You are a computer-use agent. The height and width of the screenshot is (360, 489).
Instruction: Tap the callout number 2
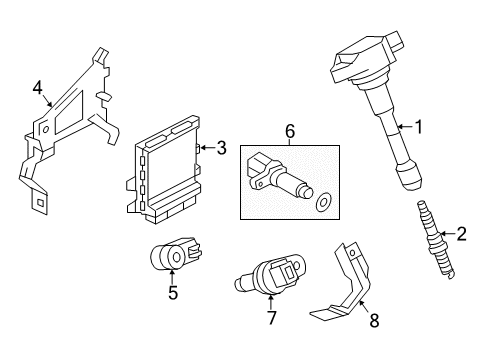coord(462,235)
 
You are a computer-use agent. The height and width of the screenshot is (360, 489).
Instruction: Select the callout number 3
coord(221,148)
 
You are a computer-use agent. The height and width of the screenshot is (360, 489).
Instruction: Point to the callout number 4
coord(37,88)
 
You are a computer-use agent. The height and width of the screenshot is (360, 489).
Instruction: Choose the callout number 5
coord(172,294)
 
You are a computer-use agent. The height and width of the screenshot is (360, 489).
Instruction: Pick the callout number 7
coord(270,317)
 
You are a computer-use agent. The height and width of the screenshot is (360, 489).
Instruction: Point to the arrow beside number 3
coord(206,148)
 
